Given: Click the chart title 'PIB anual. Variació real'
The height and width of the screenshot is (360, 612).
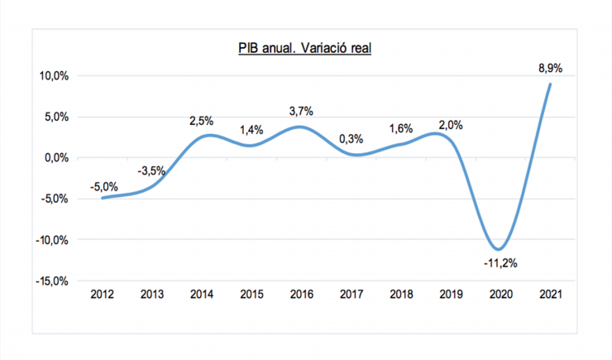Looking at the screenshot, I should click(x=304, y=48).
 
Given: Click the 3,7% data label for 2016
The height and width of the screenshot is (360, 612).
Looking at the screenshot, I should click(x=300, y=112).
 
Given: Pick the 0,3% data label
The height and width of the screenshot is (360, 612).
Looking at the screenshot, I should click(x=350, y=139).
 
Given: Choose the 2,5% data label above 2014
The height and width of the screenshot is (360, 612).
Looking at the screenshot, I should click(x=202, y=120).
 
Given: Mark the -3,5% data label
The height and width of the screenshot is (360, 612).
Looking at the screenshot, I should click(x=152, y=171).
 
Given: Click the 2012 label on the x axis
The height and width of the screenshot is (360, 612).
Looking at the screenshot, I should click(x=103, y=295).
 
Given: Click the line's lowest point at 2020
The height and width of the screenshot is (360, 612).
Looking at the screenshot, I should click(x=497, y=249).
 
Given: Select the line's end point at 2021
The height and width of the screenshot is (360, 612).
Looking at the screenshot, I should click(x=550, y=84).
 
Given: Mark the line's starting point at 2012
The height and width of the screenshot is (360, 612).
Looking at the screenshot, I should click(x=102, y=198).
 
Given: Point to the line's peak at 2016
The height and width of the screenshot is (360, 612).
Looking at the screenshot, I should click(x=300, y=127).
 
